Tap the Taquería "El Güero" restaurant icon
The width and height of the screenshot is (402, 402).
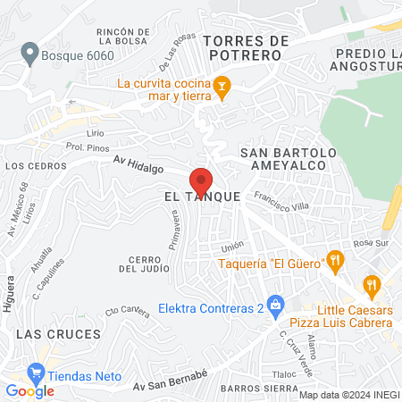click(335, 260)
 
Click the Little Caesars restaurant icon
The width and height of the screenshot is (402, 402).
click(372, 285)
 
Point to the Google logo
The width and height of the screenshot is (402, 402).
click(29, 390)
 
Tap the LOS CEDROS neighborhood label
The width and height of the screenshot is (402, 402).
click(30, 166)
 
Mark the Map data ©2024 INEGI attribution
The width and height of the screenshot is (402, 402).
click(349, 395)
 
